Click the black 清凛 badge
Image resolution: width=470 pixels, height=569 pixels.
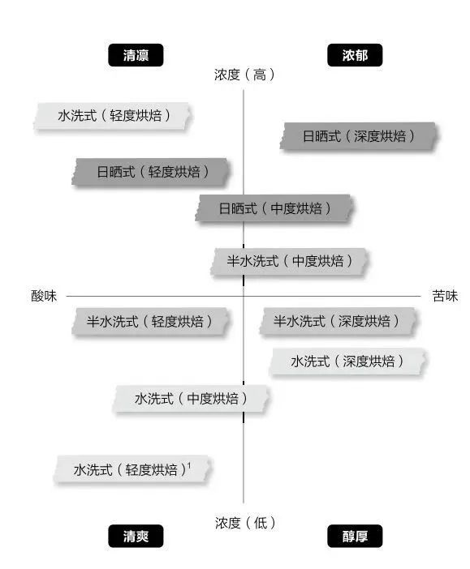(x=136, y=55)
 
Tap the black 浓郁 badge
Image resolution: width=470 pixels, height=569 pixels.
(x=355, y=55)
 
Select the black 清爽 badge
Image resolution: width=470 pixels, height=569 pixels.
(x=136, y=536)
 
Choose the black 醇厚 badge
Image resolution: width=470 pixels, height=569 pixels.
(x=355, y=536)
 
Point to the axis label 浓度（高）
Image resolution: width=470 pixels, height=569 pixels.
(x=244, y=75)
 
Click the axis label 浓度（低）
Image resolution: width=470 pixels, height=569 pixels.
(x=244, y=523)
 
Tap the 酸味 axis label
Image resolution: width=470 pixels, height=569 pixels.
(x=44, y=296)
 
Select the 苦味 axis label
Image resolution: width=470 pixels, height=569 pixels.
(x=445, y=296)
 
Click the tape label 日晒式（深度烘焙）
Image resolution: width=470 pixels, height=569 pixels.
(x=359, y=136)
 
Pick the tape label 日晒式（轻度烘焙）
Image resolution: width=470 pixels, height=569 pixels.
(x=151, y=172)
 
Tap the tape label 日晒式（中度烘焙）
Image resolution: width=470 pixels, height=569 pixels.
(x=274, y=208)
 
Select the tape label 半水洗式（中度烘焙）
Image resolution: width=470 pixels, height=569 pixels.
(x=289, y=261)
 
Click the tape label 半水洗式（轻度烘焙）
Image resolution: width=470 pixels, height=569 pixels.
(x=150, y=322)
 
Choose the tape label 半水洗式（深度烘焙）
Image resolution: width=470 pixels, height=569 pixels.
(x=338, y=321)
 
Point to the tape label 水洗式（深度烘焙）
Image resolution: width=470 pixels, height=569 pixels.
(x=348, y=362)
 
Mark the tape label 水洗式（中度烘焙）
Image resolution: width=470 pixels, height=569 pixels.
(x=192, y=399)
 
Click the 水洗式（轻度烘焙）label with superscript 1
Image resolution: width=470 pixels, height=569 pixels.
(x=132, y=469)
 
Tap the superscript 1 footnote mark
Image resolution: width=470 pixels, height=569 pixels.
(x=189, y=465)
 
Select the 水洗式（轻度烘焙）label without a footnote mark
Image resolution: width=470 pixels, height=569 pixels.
(x=113, y=116)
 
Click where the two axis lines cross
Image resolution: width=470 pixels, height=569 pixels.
(x=244, y=296)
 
